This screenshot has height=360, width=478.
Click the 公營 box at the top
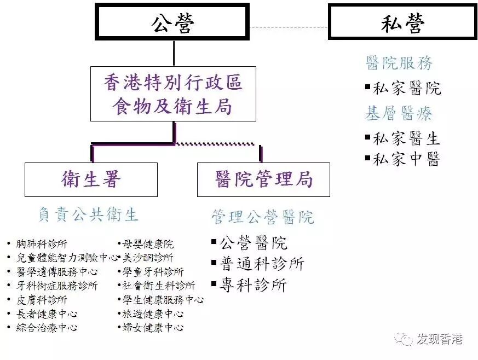[172, 22]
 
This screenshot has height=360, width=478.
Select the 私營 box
[402, 22]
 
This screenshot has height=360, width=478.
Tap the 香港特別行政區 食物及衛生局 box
[173, 94]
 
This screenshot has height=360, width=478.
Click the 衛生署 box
[91, 179]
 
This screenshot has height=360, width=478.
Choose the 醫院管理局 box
[263, 179]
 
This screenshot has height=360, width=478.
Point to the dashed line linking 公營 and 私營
[289, 26]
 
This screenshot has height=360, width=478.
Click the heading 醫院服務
[399, 63]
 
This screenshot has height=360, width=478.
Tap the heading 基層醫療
[399, 114]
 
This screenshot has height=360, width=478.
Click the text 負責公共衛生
[88, 214]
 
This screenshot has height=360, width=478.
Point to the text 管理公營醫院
[263, 217]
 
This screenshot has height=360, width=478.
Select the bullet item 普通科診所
[262, 264]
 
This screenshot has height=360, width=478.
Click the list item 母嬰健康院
[148, 244]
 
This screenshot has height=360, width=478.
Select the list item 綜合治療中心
[47, 328]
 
